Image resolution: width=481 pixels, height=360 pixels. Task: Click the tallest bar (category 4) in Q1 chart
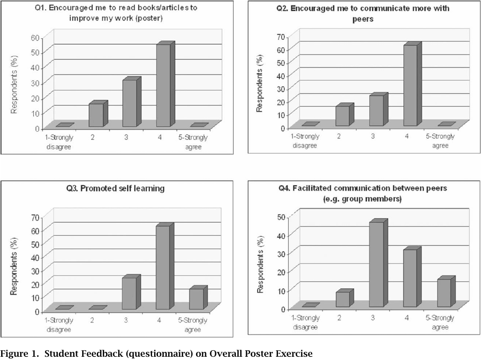click(163, 86)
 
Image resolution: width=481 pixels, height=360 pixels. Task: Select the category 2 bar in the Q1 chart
click(96, 115)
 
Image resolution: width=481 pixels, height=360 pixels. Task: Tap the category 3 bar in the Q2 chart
click(376, 111)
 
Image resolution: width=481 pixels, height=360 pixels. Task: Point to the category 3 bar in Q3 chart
click(129, 294)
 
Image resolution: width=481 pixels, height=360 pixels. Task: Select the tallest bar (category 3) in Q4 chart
click(376, 265)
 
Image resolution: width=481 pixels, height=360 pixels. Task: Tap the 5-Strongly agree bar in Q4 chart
click(443, 293)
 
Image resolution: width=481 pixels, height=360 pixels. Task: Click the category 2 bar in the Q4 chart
click(343, 300)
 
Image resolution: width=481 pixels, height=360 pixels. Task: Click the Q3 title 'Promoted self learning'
click(119, 188)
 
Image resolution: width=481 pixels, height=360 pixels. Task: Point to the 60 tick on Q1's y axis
click(35, 37)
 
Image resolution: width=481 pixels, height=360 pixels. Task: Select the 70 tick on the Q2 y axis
click(281, 36)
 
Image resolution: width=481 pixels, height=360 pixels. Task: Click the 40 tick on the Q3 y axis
click(35, 257)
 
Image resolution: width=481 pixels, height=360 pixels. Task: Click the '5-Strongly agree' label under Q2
click(440, 141)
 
